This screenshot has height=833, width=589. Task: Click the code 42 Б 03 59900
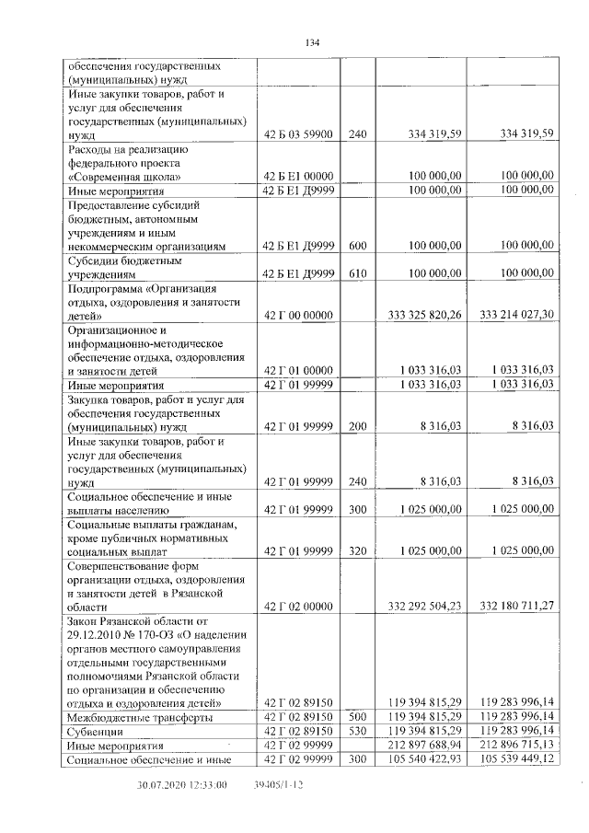click(x=296, y=133)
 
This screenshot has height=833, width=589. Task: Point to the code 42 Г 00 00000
click(x=296, y=315)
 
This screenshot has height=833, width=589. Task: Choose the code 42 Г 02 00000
click(x=296, y=606)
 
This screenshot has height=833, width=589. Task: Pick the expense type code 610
click(x=358, y=273)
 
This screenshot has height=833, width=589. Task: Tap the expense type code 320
click(x=358, y=550)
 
